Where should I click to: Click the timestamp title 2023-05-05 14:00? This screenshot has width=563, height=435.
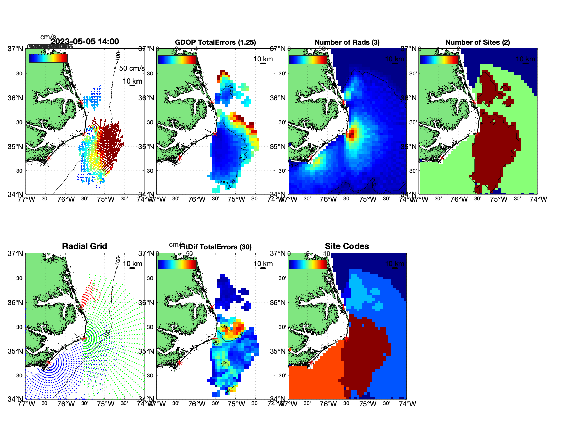[85, 42]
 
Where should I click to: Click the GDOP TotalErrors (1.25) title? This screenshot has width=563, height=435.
[215, 42]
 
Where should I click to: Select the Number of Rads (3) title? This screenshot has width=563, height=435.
[347, 42]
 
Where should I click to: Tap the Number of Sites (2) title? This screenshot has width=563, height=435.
[477, 42]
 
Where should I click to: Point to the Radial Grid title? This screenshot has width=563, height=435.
[85, 246]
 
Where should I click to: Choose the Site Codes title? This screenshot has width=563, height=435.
[347, 246]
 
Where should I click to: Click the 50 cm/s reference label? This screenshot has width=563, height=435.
[132, 68]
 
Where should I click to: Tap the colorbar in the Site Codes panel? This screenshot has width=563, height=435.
[308, 264]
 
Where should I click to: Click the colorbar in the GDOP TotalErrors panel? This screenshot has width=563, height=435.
[177, 60]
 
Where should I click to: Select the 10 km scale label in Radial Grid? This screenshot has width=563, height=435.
[132, 264]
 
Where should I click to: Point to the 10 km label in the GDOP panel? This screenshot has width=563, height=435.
[263, 59]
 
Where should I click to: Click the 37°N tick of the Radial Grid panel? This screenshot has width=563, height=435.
[16, 253]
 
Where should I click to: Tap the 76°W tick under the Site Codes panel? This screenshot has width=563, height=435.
[328, 404]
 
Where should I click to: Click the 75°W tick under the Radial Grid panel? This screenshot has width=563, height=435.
[105, 404]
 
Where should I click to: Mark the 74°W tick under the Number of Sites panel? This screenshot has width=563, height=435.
[538, 199]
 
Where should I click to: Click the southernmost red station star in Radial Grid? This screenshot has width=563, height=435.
[48, 363]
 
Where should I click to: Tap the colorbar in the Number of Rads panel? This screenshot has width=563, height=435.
[308, 60]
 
